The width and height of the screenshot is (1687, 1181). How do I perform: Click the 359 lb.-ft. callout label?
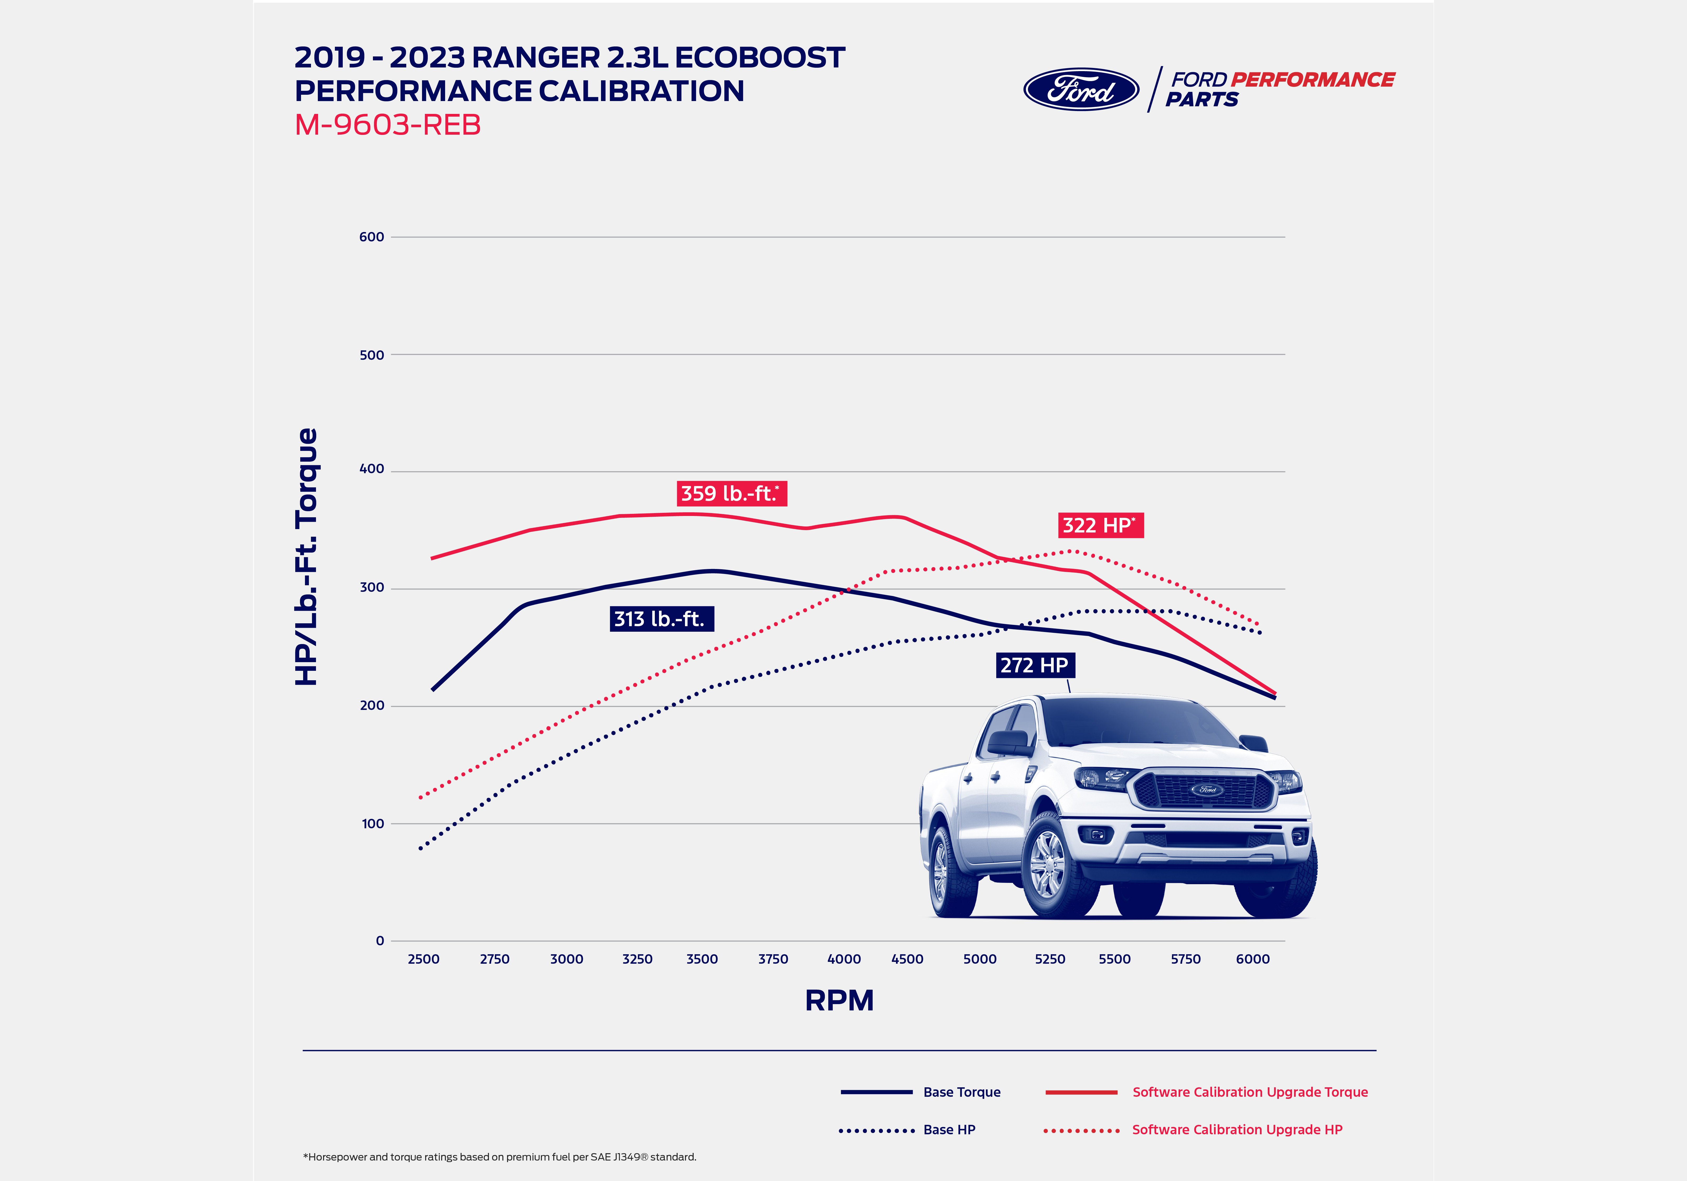[731, 493]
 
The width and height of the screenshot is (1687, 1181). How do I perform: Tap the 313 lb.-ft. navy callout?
[661, 619]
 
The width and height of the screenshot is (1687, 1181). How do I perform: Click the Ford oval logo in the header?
[1081, 90]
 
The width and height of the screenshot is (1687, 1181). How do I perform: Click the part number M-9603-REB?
[387, 125]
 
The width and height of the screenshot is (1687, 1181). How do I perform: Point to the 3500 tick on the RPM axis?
[702, 959]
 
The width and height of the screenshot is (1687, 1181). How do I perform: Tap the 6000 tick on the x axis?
[1252, 959]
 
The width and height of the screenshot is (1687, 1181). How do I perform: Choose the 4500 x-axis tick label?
[907, 959]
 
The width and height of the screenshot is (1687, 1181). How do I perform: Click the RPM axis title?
[839, 1000]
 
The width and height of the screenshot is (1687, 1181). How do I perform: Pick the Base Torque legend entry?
[961, 1092]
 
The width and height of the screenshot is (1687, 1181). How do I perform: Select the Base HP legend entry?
[948, 1130]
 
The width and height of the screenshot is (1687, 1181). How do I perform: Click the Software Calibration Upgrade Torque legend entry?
[1249, 1092]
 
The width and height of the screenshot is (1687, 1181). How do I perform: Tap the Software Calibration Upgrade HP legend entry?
[1237, 1130]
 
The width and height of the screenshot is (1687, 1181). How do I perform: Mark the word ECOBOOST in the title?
[760, 57]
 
